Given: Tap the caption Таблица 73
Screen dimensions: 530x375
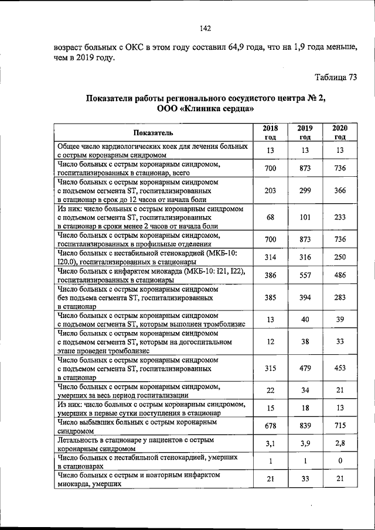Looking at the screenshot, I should [x=336, y=78].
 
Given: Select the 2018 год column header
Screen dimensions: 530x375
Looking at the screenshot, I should [x=270, y=132].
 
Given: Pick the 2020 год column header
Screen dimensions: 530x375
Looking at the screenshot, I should [x=340, y=132].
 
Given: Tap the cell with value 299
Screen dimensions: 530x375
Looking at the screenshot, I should [x=305, y=190].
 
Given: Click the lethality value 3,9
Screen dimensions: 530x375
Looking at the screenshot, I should [x=305, y=443].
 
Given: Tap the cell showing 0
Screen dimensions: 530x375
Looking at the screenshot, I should [x=340, y=461].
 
